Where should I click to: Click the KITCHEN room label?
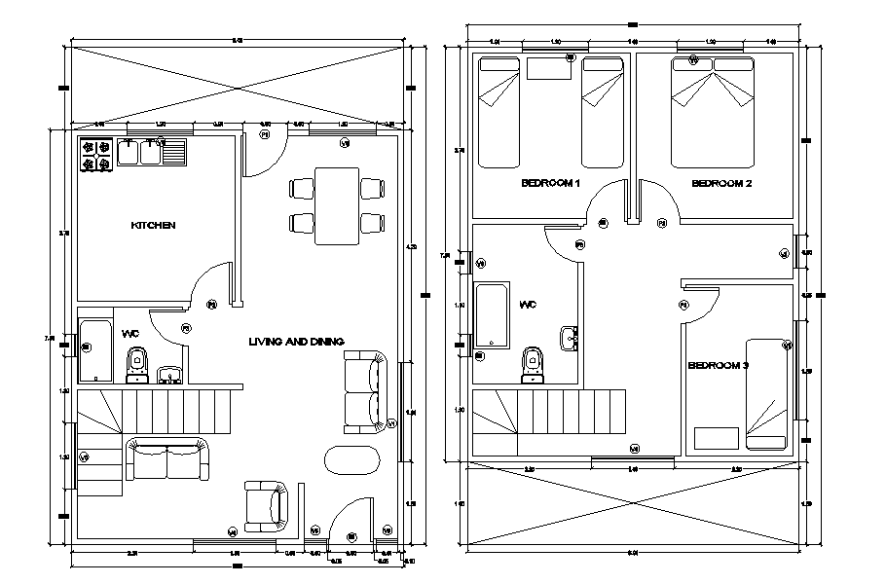[153, 226]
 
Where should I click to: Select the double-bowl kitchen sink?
[140, 153]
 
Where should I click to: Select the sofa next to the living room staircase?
[167, 459]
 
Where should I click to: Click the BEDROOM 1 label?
[550, 184]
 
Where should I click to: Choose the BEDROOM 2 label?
[721, 184]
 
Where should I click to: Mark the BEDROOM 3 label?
[718, 366]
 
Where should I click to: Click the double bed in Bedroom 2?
[713, 110]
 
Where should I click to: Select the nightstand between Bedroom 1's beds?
[549, 67]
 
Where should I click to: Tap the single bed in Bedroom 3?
[766, 392]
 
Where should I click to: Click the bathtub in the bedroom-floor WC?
[494, 315]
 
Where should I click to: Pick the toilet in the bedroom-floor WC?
[532, 361]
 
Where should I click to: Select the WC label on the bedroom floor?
[528, 305]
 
